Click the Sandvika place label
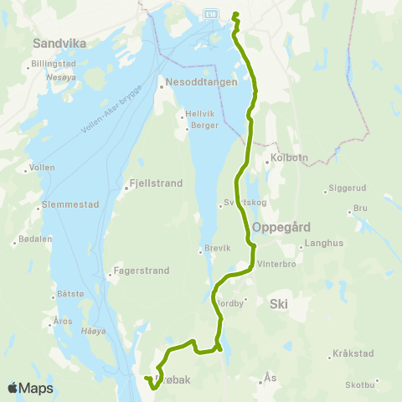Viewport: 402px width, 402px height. [x=55, y=41]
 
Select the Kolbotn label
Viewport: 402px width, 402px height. [x=282, y=161]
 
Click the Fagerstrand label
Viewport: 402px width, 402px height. [x=142, y=271]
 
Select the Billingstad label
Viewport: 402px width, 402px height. [x=54, y=64]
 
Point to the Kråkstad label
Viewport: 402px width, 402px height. [x=352, y=353]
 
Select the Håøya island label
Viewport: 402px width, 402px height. [x=90, y=331]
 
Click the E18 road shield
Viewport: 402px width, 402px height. [x=212, y=13]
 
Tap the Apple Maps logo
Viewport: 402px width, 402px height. [x=30, y=388]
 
